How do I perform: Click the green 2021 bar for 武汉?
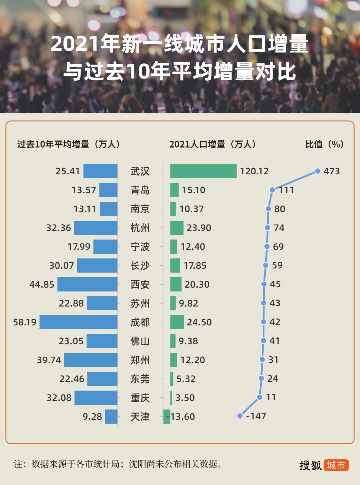pyautogui.click(x=203, y=171)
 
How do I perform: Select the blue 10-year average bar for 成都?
pyautogui.click(x=78, y=322)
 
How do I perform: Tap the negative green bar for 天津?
pyautogui.click(x=167, y=417)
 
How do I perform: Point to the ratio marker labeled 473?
pyautogui.click(x=318, y=171)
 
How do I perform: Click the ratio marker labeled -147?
pyautogui.click(x=240, y=416)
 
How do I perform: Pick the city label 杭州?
pyautogui.click(x=140, y=228)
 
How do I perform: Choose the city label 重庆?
pyautogui.click(x=140, y=398)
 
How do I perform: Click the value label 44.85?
pyautogui.click(x=42, y=285)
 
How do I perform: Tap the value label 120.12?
pyautogui.click(x=254, y=171)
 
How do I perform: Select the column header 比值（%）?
pyautogui.click(x=324, y=144)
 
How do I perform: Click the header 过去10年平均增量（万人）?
pyautogui.click(x=69, y=144)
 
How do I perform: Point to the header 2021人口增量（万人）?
pyautogui.click(x=213, y=144)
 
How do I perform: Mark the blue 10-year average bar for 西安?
pyautogui.click(x=87, y=285)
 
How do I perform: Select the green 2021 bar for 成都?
pyautogui.click(x=177, y=322)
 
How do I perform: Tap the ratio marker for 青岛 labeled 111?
pyautogui.click(x=272, y=190)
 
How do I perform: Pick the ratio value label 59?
pyautogui.click(x=277, y=265)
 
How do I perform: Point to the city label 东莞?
pyautogui.click(x=140, y=379)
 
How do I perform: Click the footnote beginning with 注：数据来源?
pyautogui.click(x=118, y=464)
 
